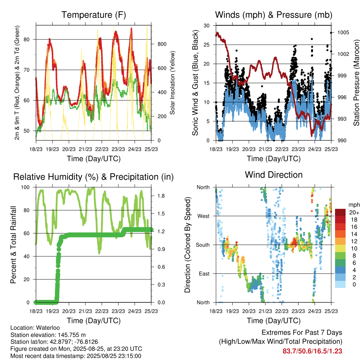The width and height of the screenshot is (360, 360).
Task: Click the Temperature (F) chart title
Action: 94,15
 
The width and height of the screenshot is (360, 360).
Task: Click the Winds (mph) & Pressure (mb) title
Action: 274,15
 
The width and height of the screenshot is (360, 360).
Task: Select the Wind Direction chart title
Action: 274,175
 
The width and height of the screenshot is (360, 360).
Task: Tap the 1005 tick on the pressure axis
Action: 343,32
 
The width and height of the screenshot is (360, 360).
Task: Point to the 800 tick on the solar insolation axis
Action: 162,44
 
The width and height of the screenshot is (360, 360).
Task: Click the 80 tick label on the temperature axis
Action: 27,39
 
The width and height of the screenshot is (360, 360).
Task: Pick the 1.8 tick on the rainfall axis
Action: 161,196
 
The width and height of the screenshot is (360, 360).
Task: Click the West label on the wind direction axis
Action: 204,216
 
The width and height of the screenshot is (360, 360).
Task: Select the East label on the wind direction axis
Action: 204,274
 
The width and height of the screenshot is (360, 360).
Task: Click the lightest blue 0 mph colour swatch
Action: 340,284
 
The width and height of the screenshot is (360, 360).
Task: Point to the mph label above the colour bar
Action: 354,205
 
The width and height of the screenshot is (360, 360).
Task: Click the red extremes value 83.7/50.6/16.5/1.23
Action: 312,351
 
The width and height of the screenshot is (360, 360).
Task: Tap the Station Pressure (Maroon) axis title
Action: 356,83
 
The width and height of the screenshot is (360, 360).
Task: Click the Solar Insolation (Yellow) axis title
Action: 172,83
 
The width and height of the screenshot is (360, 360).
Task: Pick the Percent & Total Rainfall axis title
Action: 13,245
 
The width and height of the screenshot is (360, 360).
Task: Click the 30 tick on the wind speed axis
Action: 206,25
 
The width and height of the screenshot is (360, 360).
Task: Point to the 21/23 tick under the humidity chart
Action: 85,311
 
